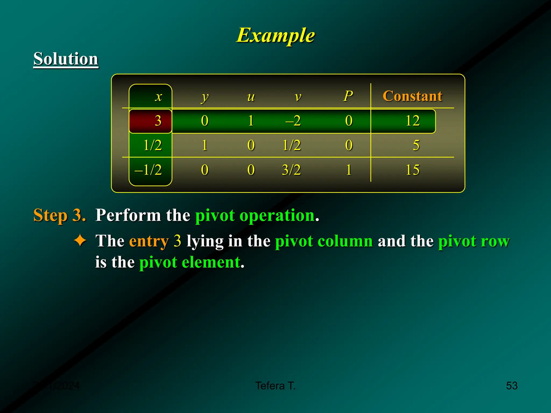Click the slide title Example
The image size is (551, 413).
tap(275, 35)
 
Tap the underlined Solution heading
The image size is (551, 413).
tap(66, 59)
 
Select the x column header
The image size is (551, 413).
tap(158, 97)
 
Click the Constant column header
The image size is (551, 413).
tap(412, 96)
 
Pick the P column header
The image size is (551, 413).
tap(348, 96)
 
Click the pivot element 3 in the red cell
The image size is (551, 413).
tap(158, 121)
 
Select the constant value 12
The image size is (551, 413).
tap(412, 121)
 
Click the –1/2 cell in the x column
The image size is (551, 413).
tap(148, 170)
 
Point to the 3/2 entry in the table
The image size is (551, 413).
tap(291, 170)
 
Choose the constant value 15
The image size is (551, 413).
tap(412, 170)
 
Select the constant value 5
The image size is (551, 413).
tap(416, 145)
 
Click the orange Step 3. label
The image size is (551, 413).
tap(59, 215)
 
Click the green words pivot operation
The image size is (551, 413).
tap(255, 215)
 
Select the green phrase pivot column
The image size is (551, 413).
tap(324, 241)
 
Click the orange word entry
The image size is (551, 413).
tap(149, 241)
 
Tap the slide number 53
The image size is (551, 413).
tap(512, 386)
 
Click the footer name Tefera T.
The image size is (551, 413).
tap(275, 386)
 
